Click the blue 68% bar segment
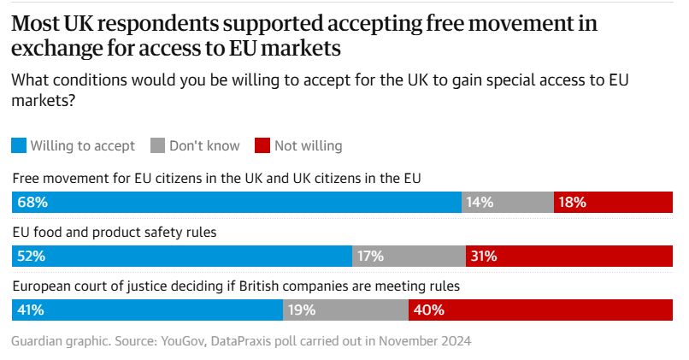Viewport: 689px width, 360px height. tap(237, 203)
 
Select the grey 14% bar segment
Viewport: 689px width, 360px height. tap(508, 203)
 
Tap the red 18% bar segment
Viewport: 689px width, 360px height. tap(614, 203)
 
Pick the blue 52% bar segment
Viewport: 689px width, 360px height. tap(182, 256)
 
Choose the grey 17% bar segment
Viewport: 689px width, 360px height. tap(409, 256)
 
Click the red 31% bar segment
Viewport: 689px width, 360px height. tap(569, 256)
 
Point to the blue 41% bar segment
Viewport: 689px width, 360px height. tap(147, 310)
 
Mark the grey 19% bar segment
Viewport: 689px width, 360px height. tap(346, 310)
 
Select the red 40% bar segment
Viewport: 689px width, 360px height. tap(541, 310)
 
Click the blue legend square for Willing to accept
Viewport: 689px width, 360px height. tap(19, 145)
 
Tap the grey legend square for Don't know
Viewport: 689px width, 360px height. tap(157, 145)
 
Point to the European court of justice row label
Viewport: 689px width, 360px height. tap(236, 286)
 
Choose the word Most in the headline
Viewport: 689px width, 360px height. tap(34, 24)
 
